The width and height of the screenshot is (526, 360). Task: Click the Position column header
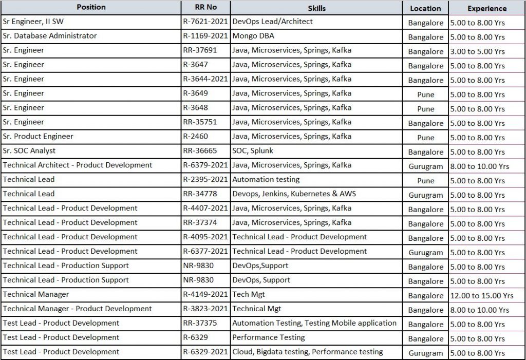click(91, 7)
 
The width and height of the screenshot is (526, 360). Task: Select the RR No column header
click(205, 8)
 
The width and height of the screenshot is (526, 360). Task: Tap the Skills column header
click(316, 8)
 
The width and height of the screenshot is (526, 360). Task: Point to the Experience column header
click(486, 8)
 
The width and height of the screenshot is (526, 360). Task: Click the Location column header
click(425, 8)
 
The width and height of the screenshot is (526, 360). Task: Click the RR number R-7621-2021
click(205, 22)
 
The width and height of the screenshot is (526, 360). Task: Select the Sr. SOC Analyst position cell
click(29, 151)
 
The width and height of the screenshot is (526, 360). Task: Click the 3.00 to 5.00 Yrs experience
click(477, 51)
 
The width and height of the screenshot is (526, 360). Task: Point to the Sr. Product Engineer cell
click(38, 137)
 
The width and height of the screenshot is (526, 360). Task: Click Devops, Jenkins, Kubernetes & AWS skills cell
click(294, 194)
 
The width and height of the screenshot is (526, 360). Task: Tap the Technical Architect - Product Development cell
click(78, 165)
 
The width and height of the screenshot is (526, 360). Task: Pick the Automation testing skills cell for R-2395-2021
click(266, 180)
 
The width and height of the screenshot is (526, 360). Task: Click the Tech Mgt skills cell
click(249, 295)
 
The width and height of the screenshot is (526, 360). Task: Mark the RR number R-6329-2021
click(205, 352)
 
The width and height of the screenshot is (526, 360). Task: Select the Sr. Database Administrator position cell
click(49, 36)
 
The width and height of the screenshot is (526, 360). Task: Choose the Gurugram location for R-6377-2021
click(425, 253)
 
